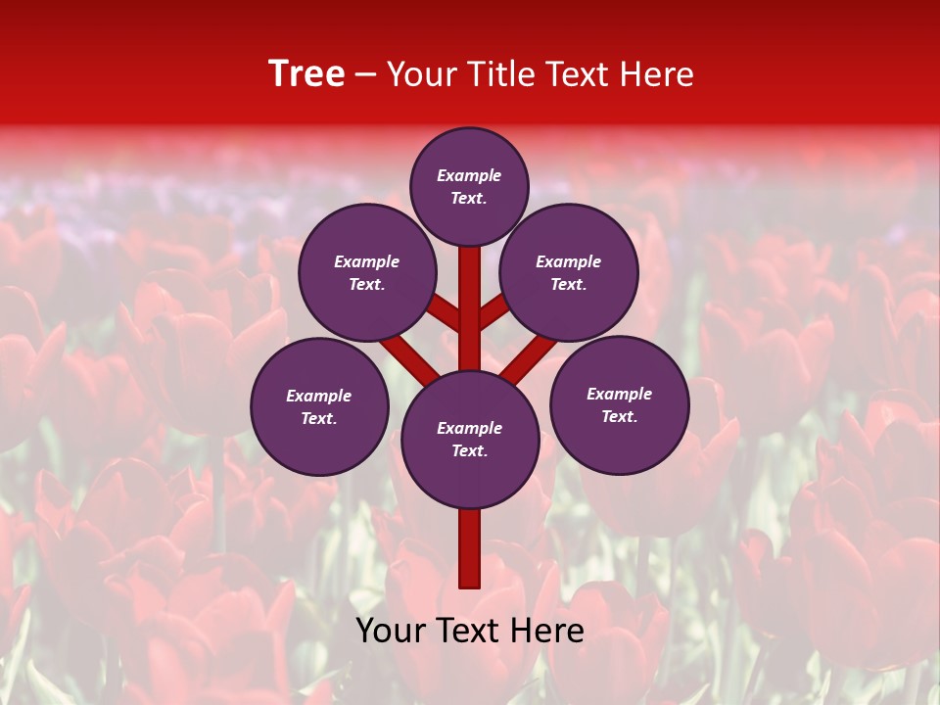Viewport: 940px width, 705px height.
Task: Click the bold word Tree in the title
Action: click(x=306, y=74)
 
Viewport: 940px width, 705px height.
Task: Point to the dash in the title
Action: click(x=366, y=75)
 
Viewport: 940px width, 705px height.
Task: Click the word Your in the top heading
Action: click(x=424, y=74)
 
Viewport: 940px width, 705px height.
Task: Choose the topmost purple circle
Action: click(x=469, y=186)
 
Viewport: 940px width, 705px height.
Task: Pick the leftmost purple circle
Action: click(x=319, y=407)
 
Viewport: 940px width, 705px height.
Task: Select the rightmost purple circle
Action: click(x=619, y=405)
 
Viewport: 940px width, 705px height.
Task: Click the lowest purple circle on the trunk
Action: click(x=470, y=440)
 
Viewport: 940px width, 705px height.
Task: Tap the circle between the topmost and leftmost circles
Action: click(x=367, y=273)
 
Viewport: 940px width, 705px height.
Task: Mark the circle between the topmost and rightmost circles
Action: click(x=569, y=273)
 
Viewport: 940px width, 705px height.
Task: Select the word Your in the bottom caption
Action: click(x=392, y=631)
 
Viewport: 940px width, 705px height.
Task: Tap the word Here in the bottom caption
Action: click(x=549, y=631)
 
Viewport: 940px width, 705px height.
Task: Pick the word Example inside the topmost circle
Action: click(x=469, y=176)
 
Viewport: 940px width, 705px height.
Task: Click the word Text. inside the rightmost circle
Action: click(x=619, y=417)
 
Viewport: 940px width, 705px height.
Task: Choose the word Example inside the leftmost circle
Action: click(x=319, y=397)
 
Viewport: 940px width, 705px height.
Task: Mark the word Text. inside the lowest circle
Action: click(x=469, y=451)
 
